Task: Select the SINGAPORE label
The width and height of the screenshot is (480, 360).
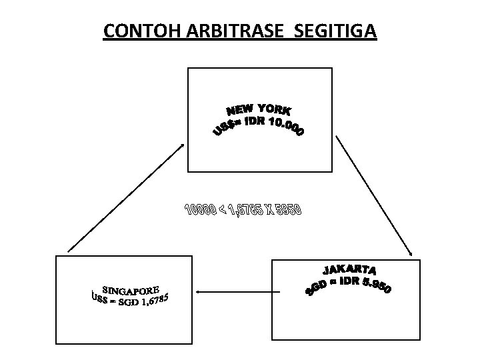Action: point(130,291)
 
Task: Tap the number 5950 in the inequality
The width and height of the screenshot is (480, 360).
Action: point(289,211)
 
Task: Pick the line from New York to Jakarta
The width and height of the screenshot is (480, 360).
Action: point(375,195)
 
